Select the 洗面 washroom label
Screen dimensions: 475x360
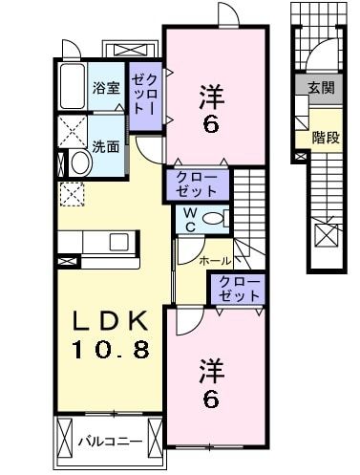click(x=106, y=146)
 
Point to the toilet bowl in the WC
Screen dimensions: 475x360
click(x=215, y=219)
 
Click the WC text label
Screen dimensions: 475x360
click(x=189, y=219)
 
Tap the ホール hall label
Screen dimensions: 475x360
click(x=214, y=259)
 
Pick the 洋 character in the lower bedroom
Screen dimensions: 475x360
click(x=212, y=368)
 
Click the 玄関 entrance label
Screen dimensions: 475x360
click(x=322, y=87)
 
